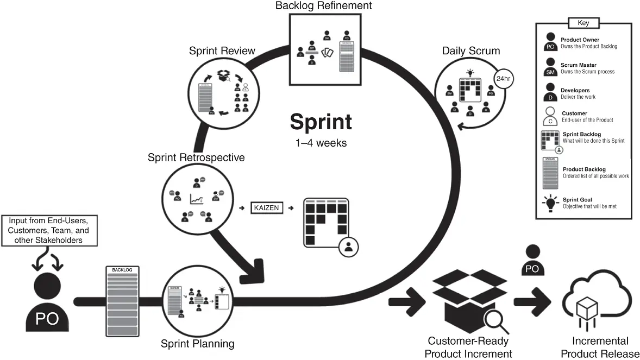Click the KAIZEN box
click(x=267, y=207)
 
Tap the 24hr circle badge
click(x=502, y=78)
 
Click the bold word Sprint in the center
click(x=321, y=122)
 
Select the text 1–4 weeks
click(x=321, y=143)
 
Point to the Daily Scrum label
click(x=470, y=51)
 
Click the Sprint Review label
click(x=222, y=51)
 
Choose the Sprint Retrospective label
click(x=196, y=157)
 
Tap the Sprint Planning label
click(x=198, y=343)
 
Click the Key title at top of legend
click(x=583, y=23)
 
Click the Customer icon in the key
click(x=550, y=116)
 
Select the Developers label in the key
click(x=575, y=91)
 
